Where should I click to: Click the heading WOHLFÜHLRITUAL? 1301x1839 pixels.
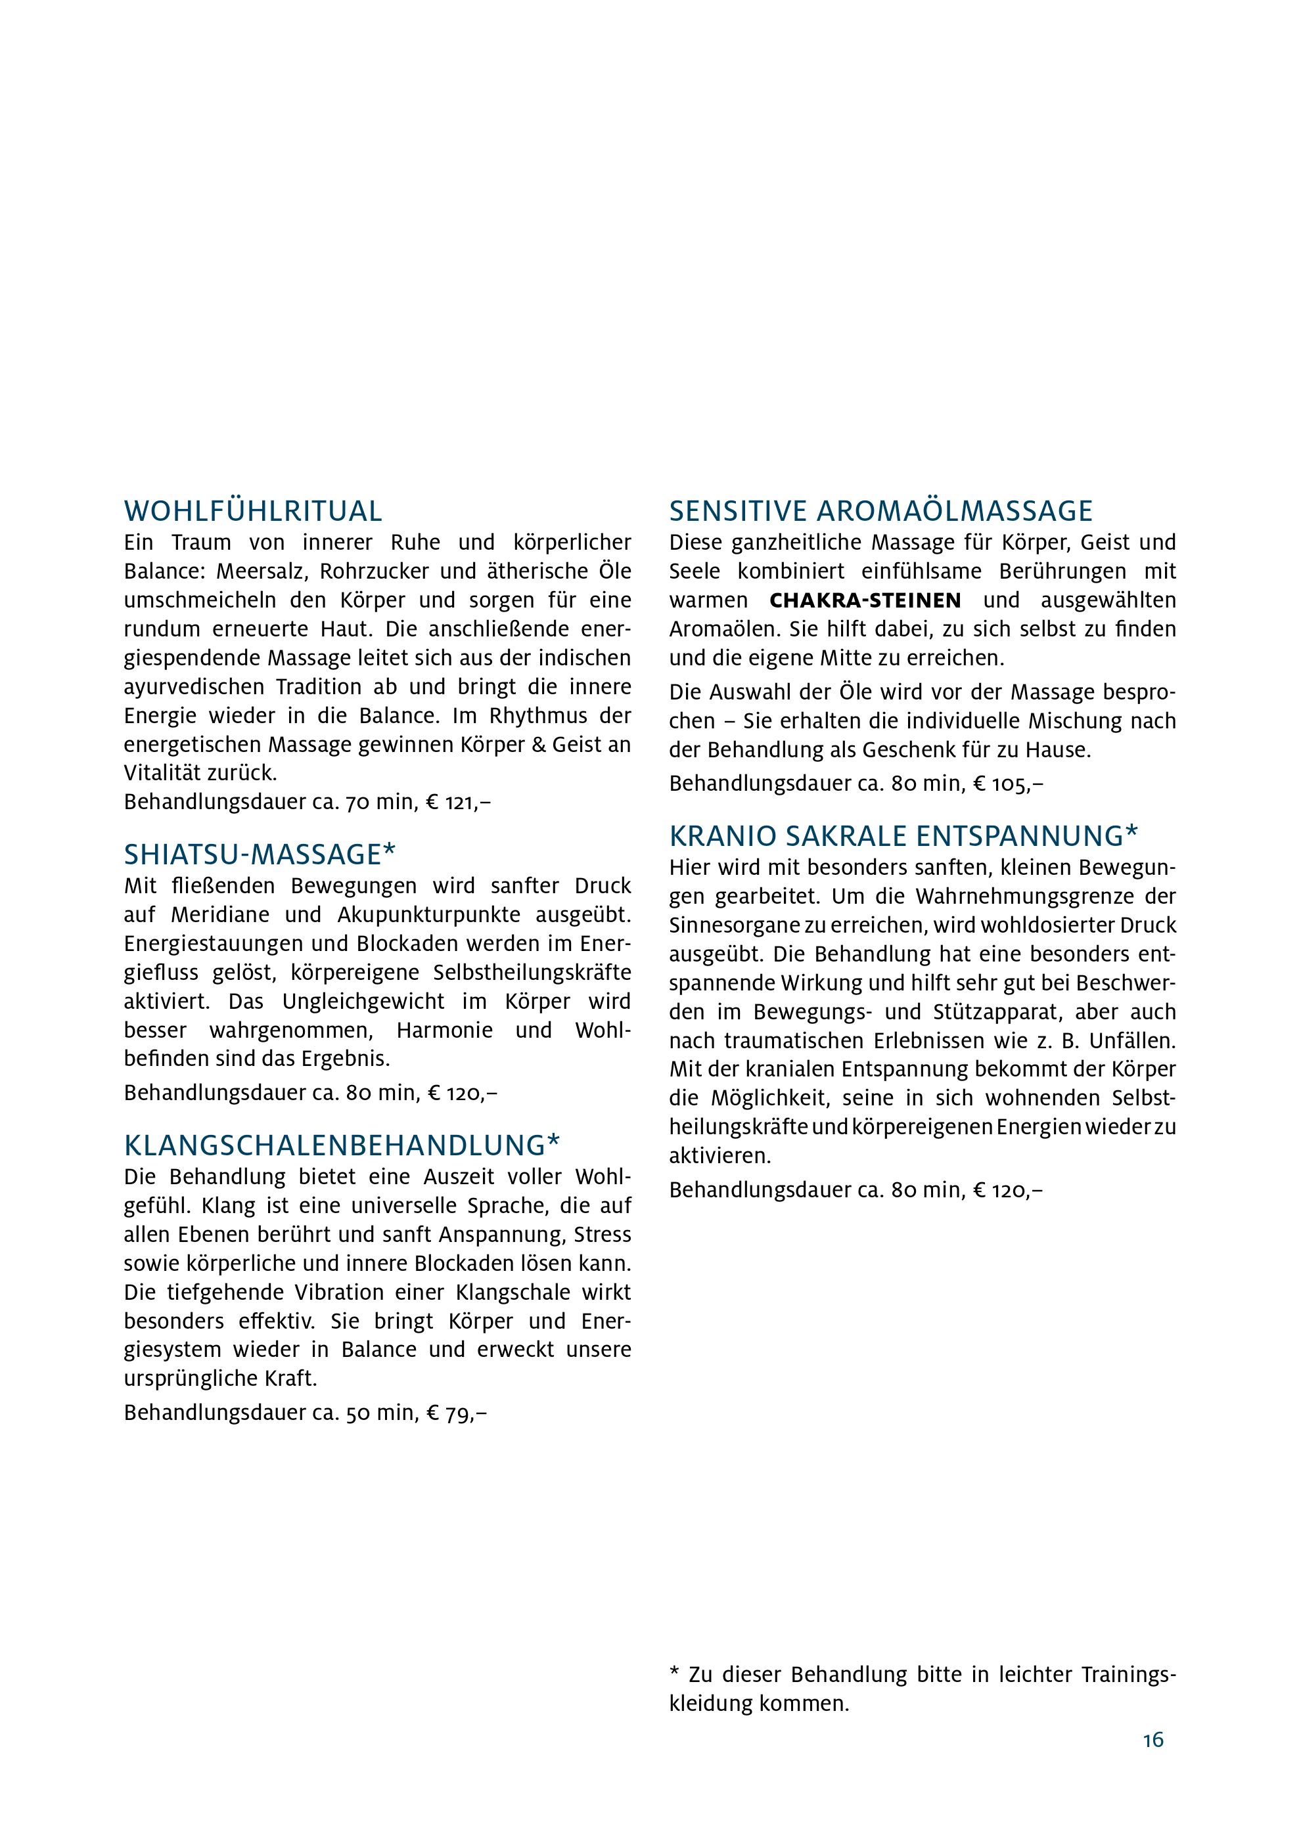(x=253, y=511)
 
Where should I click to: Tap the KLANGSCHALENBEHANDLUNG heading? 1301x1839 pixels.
(x=342, y=1145)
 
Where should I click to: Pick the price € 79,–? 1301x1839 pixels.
(x=457, y=1413)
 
